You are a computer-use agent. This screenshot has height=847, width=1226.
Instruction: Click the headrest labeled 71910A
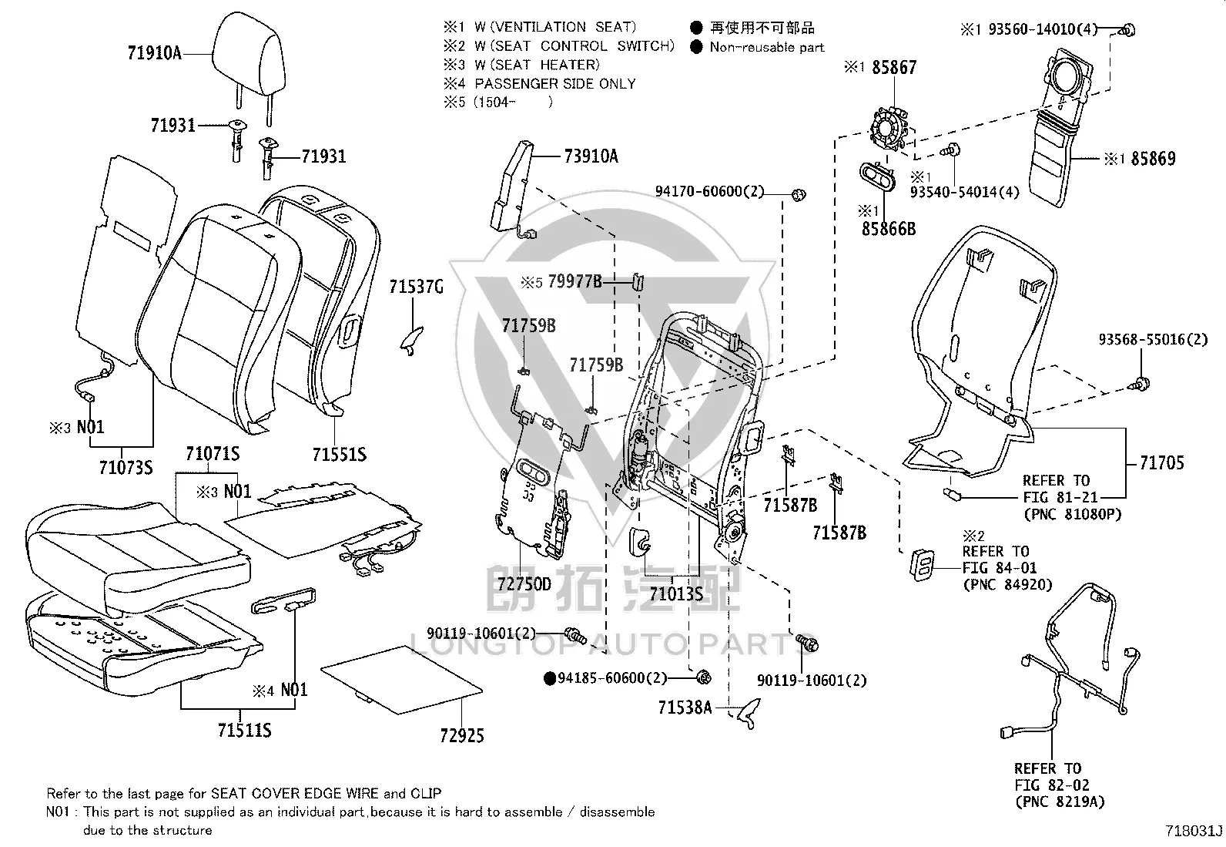coord(248,60)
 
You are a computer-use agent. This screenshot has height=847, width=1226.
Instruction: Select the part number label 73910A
coord(591,156)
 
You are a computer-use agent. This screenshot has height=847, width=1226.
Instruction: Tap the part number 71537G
coord(416,287)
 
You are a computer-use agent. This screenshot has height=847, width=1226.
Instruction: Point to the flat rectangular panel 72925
coord(401,680)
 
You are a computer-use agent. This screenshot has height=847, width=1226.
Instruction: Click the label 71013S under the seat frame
coord(676,594)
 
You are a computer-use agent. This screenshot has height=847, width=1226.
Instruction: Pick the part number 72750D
coord(524,584)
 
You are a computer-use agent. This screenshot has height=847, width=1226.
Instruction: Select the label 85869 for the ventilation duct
coord(1153,159)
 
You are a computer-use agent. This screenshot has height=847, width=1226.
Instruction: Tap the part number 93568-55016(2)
coord(1153,340)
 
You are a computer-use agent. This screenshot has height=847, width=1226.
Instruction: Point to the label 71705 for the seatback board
coord(1161,463)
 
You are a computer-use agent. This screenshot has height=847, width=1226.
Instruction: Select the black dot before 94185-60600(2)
coord(550,678)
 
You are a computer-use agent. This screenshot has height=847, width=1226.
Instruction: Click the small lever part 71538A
coord(749,713)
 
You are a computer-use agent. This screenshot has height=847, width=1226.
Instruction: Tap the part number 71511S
coord(244,731)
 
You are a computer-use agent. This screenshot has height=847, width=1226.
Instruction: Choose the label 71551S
coord(340,455)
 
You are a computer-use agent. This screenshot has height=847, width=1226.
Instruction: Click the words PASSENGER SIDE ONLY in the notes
coord(555,84)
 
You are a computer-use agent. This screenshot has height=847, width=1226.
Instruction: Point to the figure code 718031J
coord(1194,831)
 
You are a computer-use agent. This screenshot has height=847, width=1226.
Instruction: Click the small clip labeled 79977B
coord(638,282)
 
